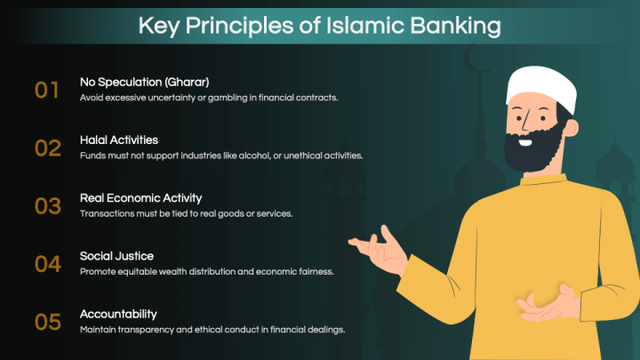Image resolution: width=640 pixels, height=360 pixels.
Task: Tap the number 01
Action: (47, 90)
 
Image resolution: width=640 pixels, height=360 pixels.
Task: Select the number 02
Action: (47, 148)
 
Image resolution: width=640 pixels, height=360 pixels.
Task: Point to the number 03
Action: (47, 205)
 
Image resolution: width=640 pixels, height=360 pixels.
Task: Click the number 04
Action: (47, 264)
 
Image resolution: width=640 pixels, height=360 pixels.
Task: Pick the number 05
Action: (47, 321)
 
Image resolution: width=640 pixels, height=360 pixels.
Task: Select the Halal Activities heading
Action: (119, 140)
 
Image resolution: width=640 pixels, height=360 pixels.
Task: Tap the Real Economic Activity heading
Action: (140, 198)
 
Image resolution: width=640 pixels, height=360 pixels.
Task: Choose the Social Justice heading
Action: (116, 256)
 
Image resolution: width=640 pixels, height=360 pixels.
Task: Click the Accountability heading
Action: (118, 314)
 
